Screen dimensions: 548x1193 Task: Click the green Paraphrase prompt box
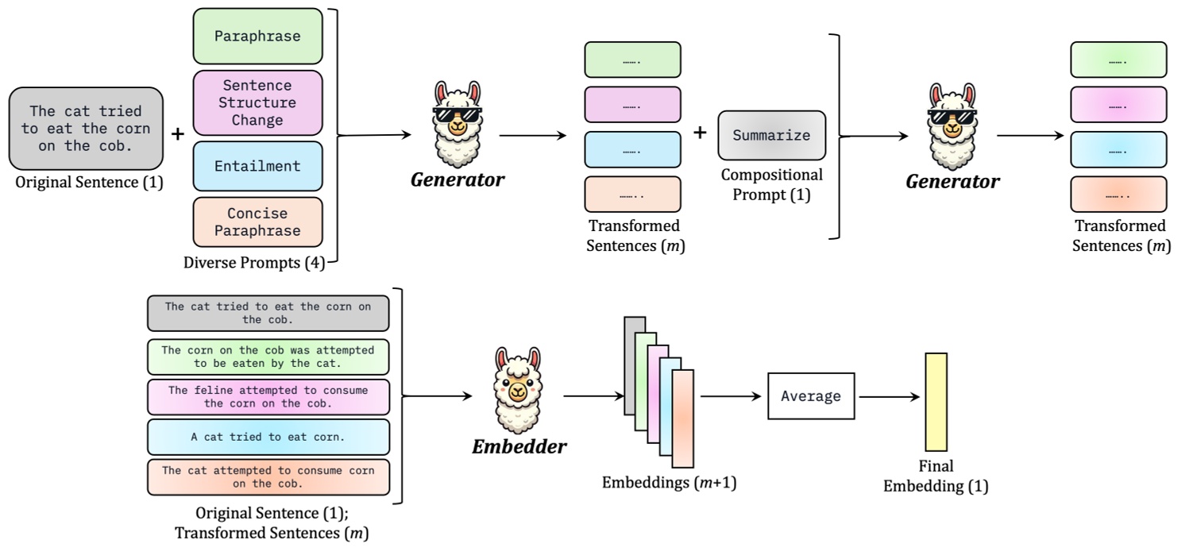point(257,37)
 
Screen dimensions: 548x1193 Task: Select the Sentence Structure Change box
point(257,103)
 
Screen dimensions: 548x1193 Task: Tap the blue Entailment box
point(257,167)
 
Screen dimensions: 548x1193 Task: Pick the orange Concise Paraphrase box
point(257,222)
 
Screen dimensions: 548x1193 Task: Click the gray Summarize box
point(771,135)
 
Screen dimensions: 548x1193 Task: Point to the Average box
point(810,396)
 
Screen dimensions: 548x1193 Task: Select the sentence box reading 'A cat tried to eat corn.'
point(268,437)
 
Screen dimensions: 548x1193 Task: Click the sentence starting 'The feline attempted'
point(268,396)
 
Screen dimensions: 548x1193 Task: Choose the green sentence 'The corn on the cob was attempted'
point(268,357)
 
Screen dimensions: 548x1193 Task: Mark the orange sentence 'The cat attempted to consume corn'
point(268,477)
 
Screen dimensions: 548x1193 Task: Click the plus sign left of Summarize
point(700,133)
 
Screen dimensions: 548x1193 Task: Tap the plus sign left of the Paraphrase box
point(178,134)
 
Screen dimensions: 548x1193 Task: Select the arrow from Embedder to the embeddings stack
point(591,395)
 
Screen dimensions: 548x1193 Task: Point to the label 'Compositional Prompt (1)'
point(771,184)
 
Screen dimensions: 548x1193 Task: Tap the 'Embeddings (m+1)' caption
point(669,482)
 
